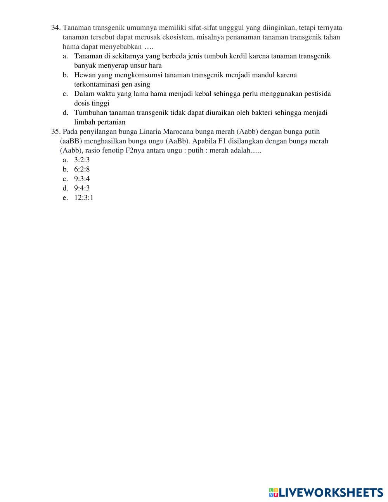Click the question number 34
click(x=56, y=28)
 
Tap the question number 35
click(x=56, y=132)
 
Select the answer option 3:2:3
click(x=82, y=160)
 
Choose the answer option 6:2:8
click(x=82, y=169)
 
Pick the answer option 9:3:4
click(x=82, y=179)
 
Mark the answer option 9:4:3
click(x=82, y=188)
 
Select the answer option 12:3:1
click(x=84, y=198)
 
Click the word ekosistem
click(x=179, y=37)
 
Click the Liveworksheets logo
click(x=326, y=493)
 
